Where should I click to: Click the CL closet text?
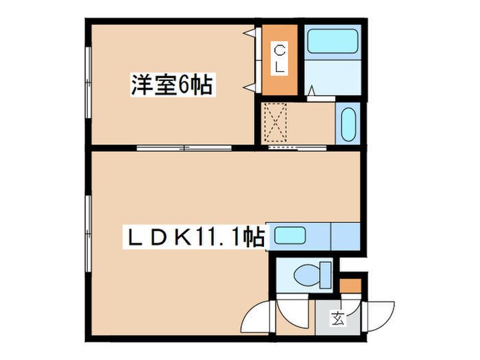click(280, 58)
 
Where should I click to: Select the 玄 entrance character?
click(338, 317)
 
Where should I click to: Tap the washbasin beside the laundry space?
click(346, 123)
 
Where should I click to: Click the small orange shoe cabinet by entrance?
click(350, 284)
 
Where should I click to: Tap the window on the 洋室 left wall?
click(88, 83)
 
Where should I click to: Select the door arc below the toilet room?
click(296, 315)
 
